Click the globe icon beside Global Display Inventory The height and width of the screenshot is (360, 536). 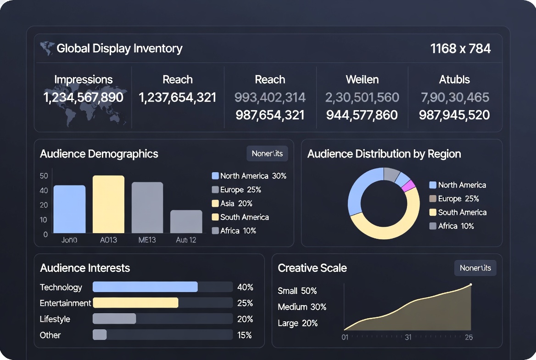click(47, 48)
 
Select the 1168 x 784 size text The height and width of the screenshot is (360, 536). click(460, 48)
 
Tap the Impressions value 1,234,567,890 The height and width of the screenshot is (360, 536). click(83, 97)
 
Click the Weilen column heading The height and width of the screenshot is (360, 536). click(362, 79)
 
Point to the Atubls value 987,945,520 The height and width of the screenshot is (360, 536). click(454, 115)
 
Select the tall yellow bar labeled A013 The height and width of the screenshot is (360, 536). click(108, 204)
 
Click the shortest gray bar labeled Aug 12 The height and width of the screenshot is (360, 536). click(186, 222)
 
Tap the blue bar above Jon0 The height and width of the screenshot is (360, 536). click(69, 209)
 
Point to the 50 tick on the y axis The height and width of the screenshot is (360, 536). click(44, 176)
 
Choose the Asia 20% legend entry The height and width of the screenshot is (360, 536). click(232, 203)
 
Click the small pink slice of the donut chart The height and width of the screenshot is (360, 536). click(408, 186)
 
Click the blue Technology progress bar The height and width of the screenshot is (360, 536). click(145, 287)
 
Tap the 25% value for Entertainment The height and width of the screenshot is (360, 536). click(245, 303)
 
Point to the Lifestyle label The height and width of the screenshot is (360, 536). click(55, 319)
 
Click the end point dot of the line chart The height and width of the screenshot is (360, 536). click(470, 285)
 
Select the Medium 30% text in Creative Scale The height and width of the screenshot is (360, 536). click(302, 307)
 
